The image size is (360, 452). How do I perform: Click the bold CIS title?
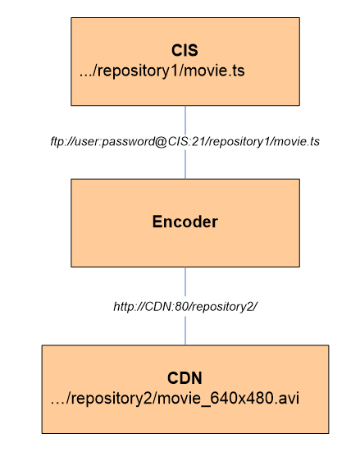click(185, 50)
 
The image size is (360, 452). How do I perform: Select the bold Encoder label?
click(185, 221)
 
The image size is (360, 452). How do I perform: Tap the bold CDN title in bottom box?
click(185, 378)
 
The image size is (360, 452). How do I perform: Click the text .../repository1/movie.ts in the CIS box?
click(162, 71)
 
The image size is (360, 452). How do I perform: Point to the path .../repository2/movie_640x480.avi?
click(175, 399)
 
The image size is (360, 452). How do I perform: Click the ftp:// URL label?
click(185, 142)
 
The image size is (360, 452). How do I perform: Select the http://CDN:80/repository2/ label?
click(185, 307)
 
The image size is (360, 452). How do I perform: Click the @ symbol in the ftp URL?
click(162, 142)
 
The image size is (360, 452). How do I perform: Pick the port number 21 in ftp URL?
click(198, 142)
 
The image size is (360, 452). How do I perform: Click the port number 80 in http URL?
click(181, 307)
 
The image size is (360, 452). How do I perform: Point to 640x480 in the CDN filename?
click(242, 398)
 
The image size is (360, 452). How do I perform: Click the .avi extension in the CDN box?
click(287, 398)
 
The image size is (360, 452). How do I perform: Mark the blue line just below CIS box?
click(185, 121)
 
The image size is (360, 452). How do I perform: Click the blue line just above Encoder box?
click(185, 164)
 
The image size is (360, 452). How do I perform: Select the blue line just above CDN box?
click(185, 330)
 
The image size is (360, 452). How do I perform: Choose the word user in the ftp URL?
click(87, 142)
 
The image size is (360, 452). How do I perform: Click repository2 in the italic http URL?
click(222, 307)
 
